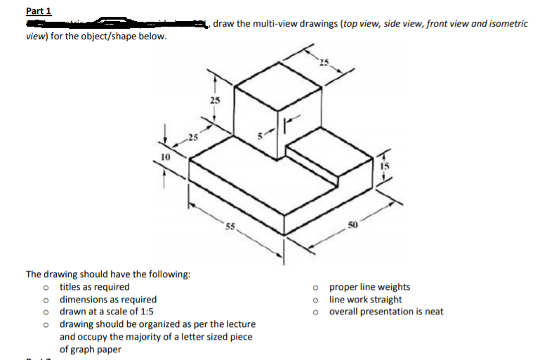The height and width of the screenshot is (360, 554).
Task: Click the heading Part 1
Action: pyautogui.click(x=38, y=11)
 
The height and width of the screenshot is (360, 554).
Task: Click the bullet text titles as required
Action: pyautogui.click(x=95, y=286)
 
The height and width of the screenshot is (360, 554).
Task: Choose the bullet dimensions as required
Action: pyautogui.click(x=108, y=299)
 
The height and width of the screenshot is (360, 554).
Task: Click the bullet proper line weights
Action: pyautogui.click(x=369, y=286)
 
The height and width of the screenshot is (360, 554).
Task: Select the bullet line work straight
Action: pyautogui.click(x=365, y=299)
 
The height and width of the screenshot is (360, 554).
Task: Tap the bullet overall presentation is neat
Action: pyautogui.click(x=386, y=312)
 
